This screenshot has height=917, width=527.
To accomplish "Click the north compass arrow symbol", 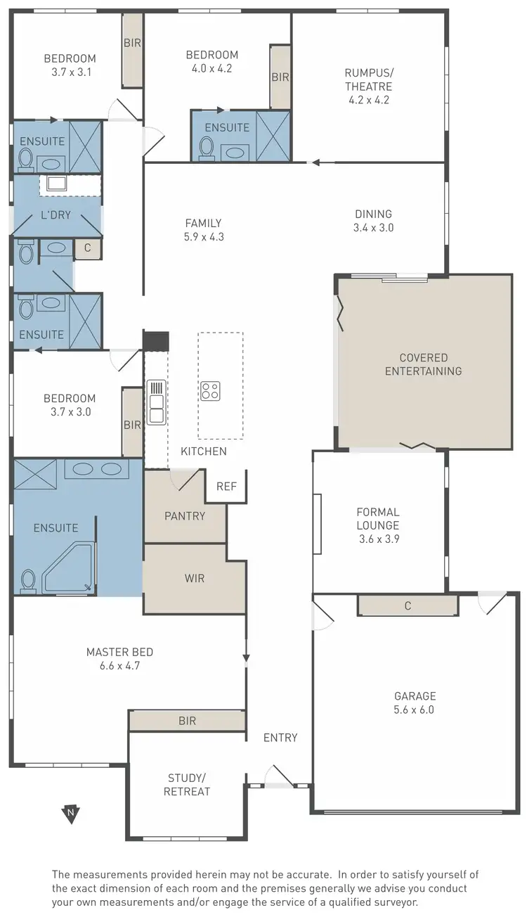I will click(x=70, y=814).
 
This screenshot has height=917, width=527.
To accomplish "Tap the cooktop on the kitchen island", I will click(x=210, y=391).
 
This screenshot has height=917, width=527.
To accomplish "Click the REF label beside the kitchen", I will click(x=226, y=486).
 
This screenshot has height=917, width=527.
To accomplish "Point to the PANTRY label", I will click(x=185, y=515).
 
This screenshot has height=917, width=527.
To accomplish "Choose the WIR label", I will click(x=194, y=578).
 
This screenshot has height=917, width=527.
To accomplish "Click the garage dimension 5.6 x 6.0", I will click(x=415, y=710).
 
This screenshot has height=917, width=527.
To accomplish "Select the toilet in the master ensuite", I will click(x=29, y=582).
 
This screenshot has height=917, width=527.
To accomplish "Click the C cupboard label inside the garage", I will click(x=408, y=605).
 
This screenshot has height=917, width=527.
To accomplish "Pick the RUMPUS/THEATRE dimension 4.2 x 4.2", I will click(x=368, y=100).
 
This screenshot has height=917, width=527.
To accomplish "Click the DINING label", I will click(x=373, y=214).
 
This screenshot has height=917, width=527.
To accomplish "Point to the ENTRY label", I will click(x=280, y=738).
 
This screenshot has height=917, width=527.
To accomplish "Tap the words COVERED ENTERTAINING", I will click(x=423, y=364).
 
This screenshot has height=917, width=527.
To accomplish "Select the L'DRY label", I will click(x=56, y=214).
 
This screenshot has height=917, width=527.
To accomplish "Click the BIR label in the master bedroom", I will click(x=187, y=721).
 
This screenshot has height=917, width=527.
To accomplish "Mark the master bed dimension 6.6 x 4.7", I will click(x=119, y=665).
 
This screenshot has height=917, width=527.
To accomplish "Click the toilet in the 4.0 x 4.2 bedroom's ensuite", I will click(x=207, y=148).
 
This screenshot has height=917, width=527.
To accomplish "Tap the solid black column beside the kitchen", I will click(x=156, y=340).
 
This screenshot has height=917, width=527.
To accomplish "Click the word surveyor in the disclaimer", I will click(x=396, y=902).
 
